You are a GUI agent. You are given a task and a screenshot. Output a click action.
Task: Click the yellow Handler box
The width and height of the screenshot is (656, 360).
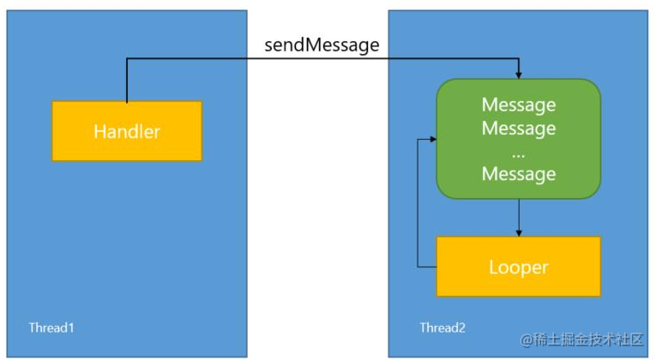click(x=127, y=131)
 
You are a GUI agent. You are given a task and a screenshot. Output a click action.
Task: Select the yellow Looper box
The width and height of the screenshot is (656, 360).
click(x=518, y=267)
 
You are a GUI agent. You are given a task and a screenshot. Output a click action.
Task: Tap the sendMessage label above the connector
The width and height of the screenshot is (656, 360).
click(x=322, y=45)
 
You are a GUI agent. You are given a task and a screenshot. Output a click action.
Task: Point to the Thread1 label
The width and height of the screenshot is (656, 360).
click(x=52, y=328)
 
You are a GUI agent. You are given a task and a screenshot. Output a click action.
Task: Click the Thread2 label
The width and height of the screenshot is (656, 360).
click(x=443, y=328)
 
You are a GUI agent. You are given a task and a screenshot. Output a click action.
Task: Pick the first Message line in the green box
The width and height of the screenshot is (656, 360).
click(x=518, y=105)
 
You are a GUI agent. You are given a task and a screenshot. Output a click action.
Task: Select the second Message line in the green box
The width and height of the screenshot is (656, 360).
click(x=518, y=129)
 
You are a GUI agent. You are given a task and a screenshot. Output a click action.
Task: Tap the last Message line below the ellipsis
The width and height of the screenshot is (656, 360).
click(x=518, y=174)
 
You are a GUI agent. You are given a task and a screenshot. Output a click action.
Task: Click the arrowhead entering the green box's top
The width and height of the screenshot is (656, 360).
click(x=519, y=75)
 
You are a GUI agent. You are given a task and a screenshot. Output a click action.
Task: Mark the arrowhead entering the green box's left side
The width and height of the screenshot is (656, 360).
click(x=433, y=140)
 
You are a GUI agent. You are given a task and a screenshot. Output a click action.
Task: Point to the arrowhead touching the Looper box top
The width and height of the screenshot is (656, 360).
click(x=518, y=233)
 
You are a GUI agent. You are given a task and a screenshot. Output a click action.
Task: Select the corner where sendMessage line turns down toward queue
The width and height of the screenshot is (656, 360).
click(x=519, y=59)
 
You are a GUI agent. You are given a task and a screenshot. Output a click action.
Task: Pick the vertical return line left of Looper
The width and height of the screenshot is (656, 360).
click(x=417, y=206)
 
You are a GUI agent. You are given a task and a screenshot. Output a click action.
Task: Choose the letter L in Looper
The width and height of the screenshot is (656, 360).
click(x=494, y=267)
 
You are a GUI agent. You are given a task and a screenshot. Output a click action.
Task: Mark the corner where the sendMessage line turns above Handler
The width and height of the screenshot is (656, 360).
click(x=127, y=59)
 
